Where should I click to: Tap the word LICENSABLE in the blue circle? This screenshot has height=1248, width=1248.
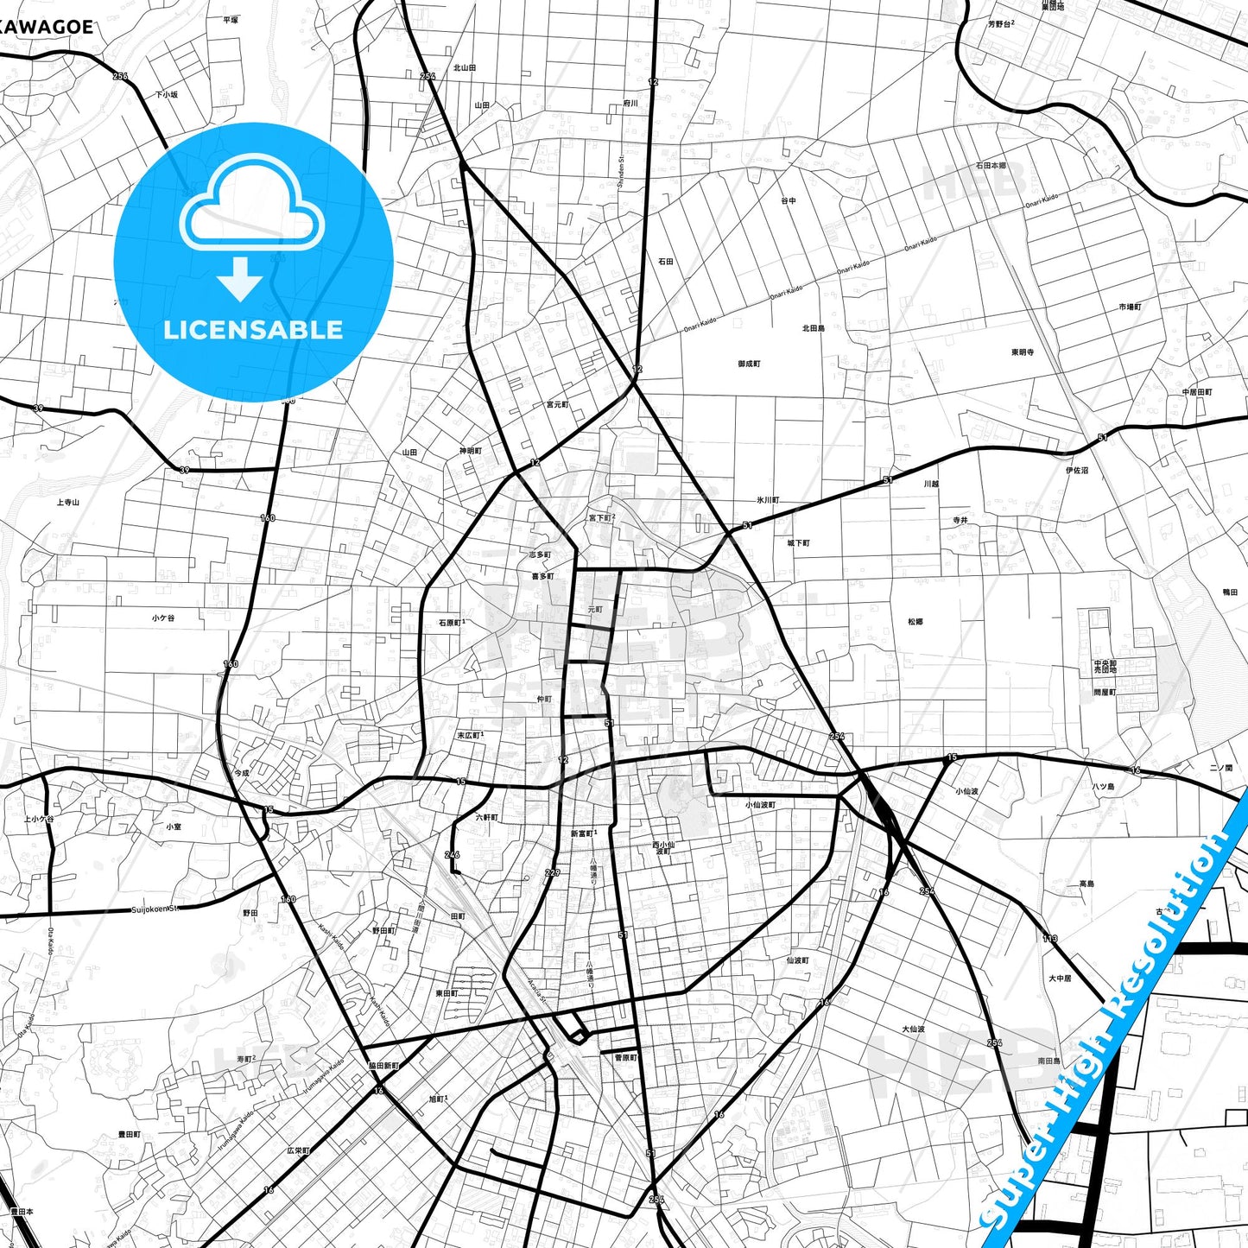tap(253, 330)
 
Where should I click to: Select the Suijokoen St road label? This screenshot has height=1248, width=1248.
tap(154, 909)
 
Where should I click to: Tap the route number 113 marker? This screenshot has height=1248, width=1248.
tap(1049, 938)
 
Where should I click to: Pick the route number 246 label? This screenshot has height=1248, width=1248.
tap(453, 854)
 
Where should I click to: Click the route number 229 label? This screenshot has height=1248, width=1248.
tap(553, 873)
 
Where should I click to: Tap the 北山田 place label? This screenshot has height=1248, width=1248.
tap(465, 67)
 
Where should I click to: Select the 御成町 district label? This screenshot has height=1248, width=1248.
tap(749, 364)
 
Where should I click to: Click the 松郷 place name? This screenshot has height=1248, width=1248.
tap(915, 622)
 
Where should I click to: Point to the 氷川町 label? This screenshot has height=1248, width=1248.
tap(768, 500)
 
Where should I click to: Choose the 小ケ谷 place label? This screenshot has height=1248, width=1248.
tap(163, 618)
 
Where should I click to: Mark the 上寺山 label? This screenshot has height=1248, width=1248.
tap(68, 502)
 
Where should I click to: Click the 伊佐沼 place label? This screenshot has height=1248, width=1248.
tap(1076, 471)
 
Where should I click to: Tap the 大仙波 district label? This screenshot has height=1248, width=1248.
tap(913, 1029)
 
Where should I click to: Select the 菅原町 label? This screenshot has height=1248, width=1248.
tap(625, 1057)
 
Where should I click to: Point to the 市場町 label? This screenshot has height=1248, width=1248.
tap(1130, 307)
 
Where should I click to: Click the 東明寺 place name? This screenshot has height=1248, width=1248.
tap(1023, 352)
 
